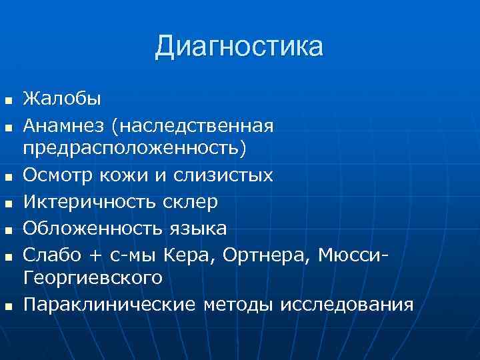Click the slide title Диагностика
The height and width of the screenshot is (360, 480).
click(x=239, y=47)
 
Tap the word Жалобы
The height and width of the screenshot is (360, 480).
click(x=62, y=99)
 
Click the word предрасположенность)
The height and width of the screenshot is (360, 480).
click(x=134, y=149)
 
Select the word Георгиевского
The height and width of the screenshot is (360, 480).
click(x=93, y=278)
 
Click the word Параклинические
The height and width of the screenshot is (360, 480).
click(x=110, y=305)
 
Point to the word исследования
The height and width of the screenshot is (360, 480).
click(x=347, y=305)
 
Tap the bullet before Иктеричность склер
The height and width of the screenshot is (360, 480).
click(x=8, y=203)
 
